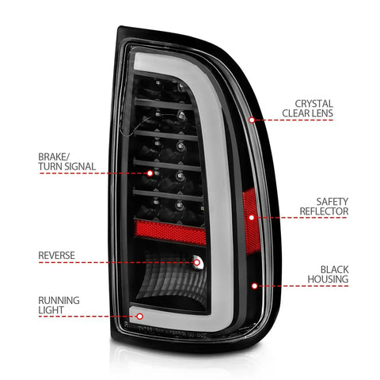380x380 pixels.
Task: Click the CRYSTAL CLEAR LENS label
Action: pyautogui.click(x=307, y=108)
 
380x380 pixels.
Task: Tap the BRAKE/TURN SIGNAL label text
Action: pyautogui.click(x=66, y=161)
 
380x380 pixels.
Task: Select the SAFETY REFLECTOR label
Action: pyautogui.click(x=324, y=207)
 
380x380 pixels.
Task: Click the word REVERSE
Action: pyautogui.click(x=56, y=256)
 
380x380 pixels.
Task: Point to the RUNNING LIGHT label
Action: pyautogui.click(x=59, y=305)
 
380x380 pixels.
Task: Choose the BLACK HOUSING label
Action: pyautogui.click(x=328, y=275)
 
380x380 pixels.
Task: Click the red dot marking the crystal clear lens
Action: pyautogui.click(x=252, y=120)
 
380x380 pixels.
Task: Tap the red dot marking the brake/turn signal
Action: pyautogui.click(x=150, y=173)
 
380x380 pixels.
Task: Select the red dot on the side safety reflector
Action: pyautogui.click(x=252, y=218)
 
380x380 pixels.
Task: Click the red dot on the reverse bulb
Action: pyautogui.click(x=196, y=262)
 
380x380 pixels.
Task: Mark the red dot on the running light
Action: pyautogui.click(x=139, y=316)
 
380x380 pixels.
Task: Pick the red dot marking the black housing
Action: pyautogui.click(x=254, y=286)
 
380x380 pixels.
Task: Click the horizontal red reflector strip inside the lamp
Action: pyautogui.click(x=170, y=233)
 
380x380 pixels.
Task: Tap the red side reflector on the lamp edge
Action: pyautogui.click(x=251, y=222)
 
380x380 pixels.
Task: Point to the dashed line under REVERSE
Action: pyautogui.click(x=116, y=262)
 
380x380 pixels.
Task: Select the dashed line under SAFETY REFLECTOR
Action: pyautogui.click(x=302, y=218)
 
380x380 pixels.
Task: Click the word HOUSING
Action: pyautogui.click(x=328, y=279)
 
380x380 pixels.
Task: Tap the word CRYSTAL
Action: pyautogui.click(x=314, y=104)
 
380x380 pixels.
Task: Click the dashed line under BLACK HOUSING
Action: pyautogui.click(x=303, y=286)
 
